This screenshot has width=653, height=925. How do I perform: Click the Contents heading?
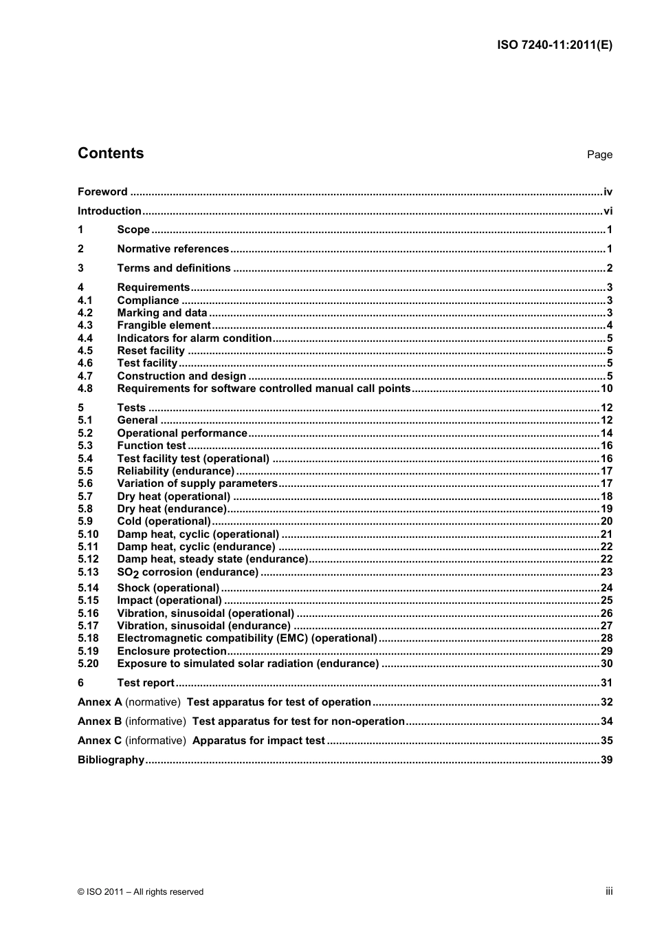(111, 153)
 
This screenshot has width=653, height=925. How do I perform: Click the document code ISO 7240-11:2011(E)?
(554, 45)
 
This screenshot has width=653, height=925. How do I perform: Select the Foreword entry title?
(102, 192)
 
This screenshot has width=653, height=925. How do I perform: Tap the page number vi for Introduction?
(608, 211)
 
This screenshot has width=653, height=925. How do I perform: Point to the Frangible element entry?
(164, 325)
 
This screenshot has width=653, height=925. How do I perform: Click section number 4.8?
(85, 389)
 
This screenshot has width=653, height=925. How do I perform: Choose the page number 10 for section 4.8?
(606, 389)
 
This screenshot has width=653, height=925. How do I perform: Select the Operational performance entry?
(182, 433)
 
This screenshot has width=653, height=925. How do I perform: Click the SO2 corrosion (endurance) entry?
(188, 572)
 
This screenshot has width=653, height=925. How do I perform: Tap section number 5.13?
(88, 572)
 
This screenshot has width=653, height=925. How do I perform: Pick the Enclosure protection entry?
(172, 651)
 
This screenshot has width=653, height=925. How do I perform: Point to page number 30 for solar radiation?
(606, 664)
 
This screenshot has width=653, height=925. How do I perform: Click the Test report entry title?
(146, 683)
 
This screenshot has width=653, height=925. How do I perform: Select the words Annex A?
(100, 702)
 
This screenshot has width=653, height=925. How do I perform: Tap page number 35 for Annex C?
(606, 741)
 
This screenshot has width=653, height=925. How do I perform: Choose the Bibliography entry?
(111, 760)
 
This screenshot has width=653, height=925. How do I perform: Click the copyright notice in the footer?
(140, 892)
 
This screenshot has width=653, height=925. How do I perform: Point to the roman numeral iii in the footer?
(609, 891)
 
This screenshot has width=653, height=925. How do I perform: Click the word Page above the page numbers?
(599, 155)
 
